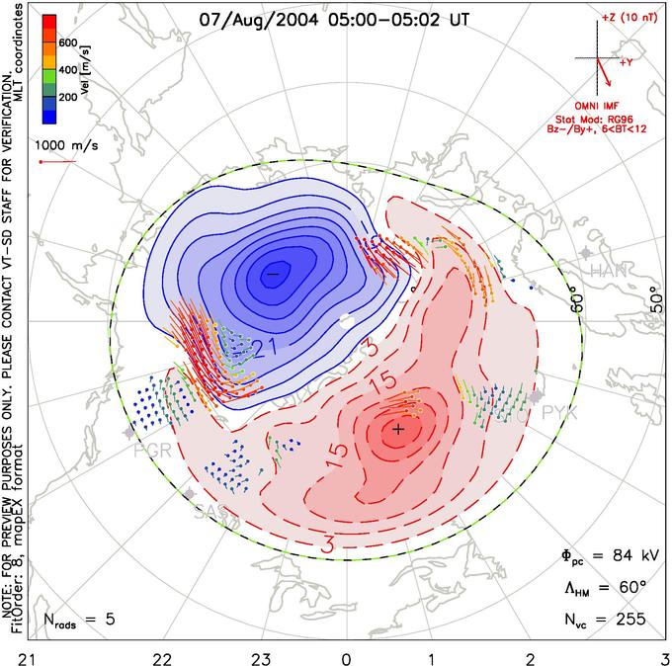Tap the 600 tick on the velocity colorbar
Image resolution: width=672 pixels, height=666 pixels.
(x=67, y=42)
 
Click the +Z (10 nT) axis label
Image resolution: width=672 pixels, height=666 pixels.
(x=630, y=18)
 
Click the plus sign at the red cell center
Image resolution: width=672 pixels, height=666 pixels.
(x=398, y=429)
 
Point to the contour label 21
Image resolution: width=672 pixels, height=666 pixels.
(x=262, y=345)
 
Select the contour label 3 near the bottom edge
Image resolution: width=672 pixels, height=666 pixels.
(x=329, y=542)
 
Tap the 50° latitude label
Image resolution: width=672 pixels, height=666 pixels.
(x=653, y=294)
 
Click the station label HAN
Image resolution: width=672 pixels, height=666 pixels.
(x=605, y=270)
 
